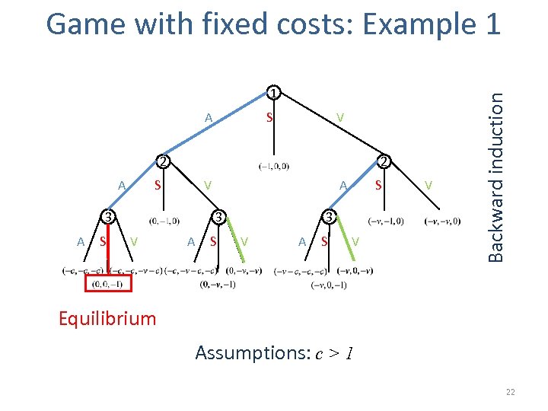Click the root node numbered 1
(272, 94)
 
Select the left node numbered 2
(162, 161)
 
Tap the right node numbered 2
(384, 161)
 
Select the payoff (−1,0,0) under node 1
(273, 166)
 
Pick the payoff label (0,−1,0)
(165, 221)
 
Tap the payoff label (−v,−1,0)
(385, 221)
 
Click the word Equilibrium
(107, 318)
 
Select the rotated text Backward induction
(495, 177)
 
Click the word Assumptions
(243, 352)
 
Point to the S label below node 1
(269, 118)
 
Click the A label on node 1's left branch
(208, 118)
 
